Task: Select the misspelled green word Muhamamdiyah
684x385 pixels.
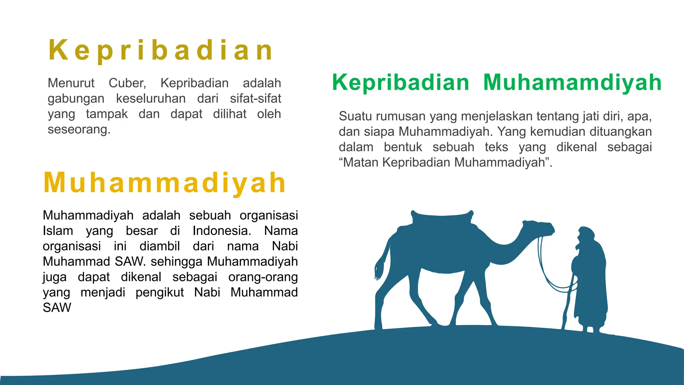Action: point(572,82)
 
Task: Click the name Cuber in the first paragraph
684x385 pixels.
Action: point(127,83)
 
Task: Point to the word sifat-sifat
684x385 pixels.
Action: point(255,99)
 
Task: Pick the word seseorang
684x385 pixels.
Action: point(79,129)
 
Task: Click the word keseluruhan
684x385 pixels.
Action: point(151,99)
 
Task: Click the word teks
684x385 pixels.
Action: point(496,147)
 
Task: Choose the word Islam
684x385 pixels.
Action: point(58,231)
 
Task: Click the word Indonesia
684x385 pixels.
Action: point(222,231)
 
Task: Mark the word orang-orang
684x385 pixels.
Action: point(263,277)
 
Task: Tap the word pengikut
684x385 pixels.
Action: point(160,292)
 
